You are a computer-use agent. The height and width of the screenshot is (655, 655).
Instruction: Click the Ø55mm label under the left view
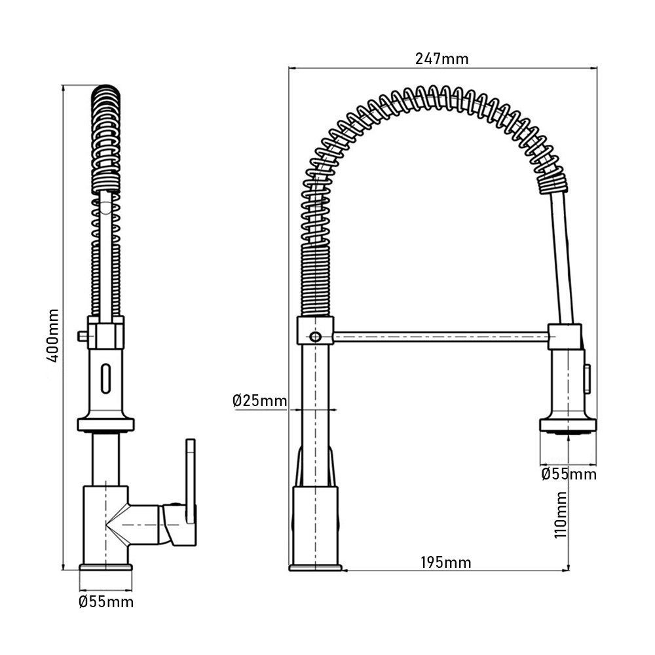[x=105, y=602]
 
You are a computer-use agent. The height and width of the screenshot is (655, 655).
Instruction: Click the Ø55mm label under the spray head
[x=569, y=474]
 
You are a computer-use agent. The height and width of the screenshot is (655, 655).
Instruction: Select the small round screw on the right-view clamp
[x=315, y=337]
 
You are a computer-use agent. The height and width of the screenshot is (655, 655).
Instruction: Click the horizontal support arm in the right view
[x=439, y=337]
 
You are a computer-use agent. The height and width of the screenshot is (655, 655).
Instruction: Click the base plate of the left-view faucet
[x=105, y=567]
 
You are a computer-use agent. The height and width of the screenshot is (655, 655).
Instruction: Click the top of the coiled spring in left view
[x=106, y=92]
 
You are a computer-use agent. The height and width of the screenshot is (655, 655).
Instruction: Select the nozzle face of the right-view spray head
[x=568, y=431]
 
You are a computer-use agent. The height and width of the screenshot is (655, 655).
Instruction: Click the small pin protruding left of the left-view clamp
[x=82, y=336]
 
